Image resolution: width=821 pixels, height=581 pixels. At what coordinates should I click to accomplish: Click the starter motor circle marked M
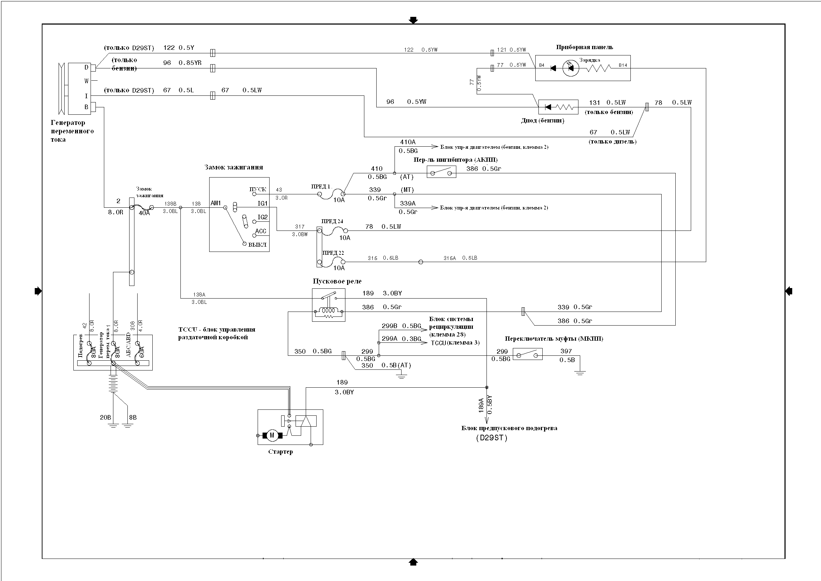272,435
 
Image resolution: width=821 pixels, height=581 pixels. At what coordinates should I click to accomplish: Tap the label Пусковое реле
337,281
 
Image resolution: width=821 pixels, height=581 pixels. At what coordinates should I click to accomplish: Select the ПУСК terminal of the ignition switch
254,194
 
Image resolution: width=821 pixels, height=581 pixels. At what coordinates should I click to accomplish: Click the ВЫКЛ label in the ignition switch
257,245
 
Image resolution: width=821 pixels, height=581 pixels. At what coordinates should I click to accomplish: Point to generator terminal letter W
86,81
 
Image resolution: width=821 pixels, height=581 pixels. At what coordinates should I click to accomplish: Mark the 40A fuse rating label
144,213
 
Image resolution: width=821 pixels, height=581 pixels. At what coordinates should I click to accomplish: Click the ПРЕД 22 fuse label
333,253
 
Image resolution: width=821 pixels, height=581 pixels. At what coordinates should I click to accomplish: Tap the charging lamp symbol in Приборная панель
570,68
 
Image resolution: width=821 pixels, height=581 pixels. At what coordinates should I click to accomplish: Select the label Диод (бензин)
542,121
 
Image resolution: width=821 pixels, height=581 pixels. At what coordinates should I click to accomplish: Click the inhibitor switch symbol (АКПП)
441,172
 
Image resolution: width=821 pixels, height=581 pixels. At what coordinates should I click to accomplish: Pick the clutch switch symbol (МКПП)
528,354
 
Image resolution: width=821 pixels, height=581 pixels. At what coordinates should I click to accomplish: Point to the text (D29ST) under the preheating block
491,438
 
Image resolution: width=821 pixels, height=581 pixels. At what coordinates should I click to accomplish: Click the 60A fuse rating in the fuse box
141,352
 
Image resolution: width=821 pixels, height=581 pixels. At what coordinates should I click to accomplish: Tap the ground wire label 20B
105,418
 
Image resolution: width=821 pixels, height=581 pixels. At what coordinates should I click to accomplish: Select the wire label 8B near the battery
133,418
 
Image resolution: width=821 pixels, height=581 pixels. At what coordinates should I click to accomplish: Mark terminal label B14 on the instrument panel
623,65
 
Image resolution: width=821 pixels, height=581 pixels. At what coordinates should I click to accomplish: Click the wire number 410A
408,142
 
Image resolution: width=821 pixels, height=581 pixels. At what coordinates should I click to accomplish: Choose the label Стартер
280,452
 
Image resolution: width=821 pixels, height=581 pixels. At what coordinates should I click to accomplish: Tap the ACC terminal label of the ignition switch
260,231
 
